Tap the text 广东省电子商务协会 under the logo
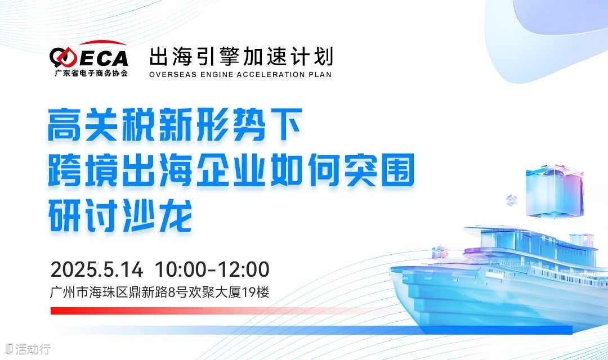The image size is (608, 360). [91, 73]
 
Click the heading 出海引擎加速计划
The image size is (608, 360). [241, 57]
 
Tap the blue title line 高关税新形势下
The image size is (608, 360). [175, 124]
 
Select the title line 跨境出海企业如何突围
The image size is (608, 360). [231, 170]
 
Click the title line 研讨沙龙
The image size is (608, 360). [120, 215]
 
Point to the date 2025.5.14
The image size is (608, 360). [97, 269]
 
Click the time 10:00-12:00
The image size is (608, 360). [212, 269]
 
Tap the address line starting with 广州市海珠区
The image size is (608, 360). [160, 292]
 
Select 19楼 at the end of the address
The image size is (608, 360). [256, 292]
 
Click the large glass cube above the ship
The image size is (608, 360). [555, 190]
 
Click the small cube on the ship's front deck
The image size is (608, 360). [440, 251]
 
